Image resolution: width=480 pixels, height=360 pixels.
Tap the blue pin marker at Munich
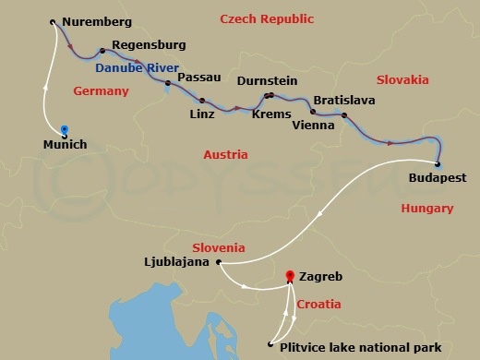[64, 130]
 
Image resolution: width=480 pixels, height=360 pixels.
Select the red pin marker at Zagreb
[291, 276]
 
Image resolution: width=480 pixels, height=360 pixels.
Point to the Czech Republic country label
[268, 19]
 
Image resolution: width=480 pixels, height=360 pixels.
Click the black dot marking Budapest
[438, 165]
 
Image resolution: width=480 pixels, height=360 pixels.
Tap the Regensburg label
[148, 44]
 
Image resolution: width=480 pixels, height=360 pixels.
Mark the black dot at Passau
[168, 83]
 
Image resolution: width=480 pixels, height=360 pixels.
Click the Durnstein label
[268, 81]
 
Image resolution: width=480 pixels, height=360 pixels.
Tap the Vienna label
[312, 125]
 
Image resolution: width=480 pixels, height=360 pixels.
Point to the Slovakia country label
[402, 80]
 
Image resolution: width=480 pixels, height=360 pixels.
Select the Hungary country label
[426, 209]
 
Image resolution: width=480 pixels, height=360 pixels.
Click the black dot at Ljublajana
[218, 262]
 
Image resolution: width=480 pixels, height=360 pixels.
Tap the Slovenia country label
[219, 247]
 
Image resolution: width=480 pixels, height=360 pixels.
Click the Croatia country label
[318, 304]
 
